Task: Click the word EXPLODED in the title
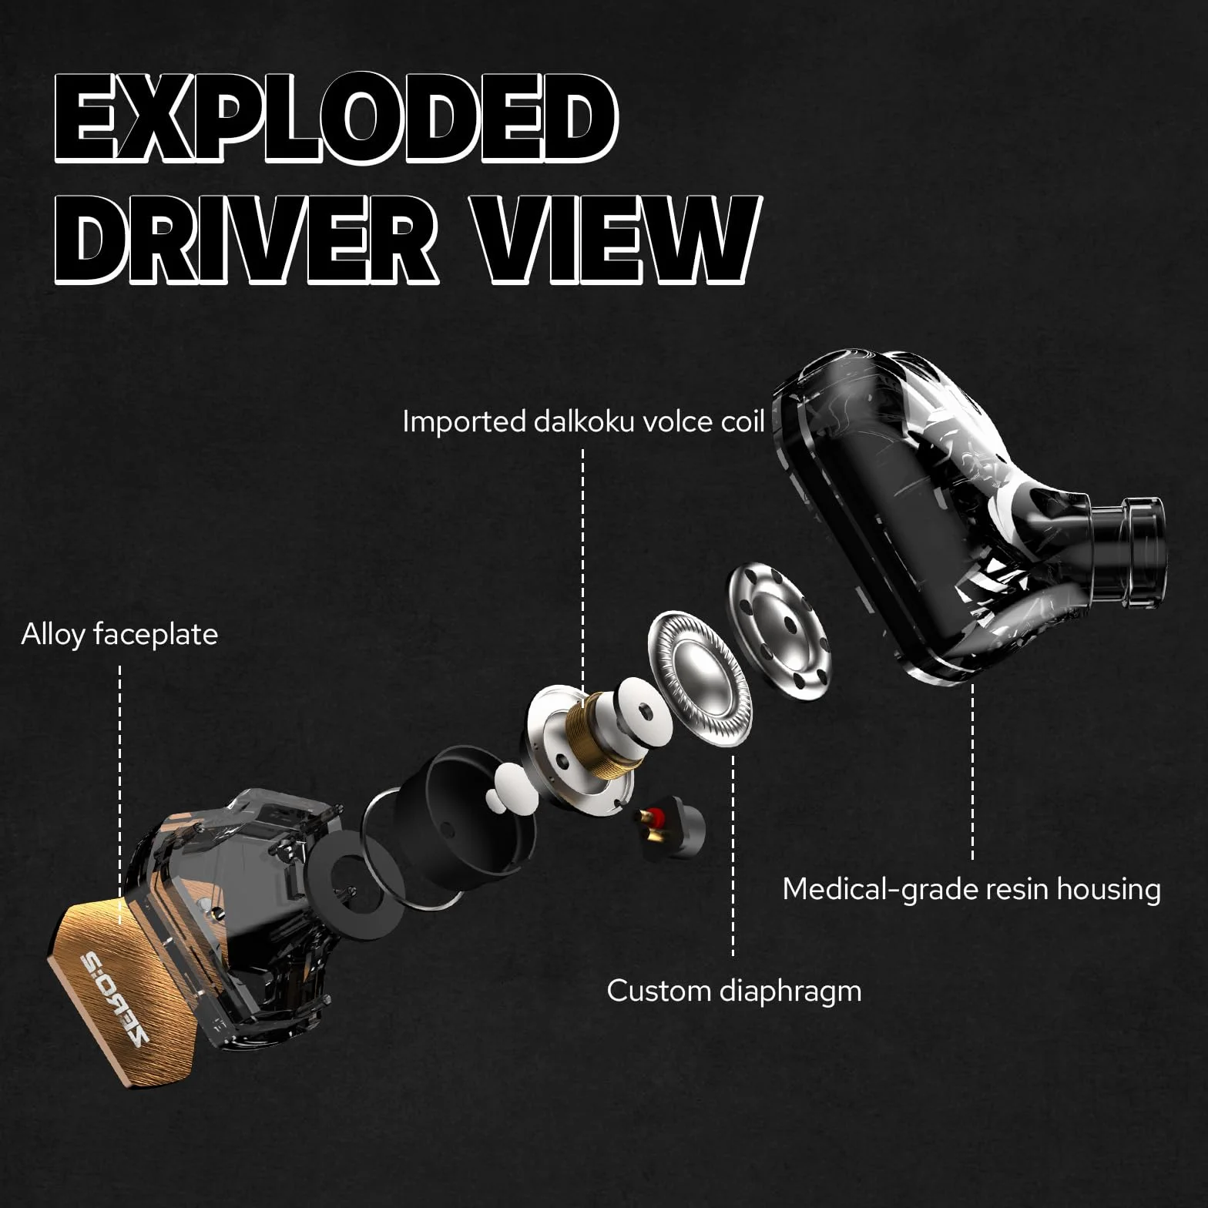click(337, 117)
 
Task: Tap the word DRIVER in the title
click(247, 239)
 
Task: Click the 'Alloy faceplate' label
click(119, 635)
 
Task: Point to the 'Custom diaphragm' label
click(734, 991)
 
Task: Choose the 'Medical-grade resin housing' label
click(971, 889)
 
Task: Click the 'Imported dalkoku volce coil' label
click(584, 421)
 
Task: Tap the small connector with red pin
click(668, 828)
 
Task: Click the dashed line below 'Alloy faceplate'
click(120, 794)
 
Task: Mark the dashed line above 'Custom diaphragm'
click(733, 856)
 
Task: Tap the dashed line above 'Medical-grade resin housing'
click(972, 771)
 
